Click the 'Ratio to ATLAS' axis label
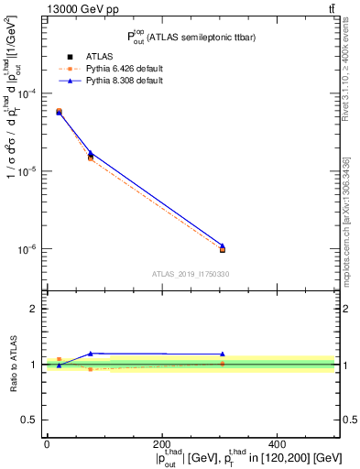12,364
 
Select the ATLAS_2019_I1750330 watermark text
190,274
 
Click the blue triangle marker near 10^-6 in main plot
223,245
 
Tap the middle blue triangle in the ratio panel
90,354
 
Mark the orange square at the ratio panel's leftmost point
60,359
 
